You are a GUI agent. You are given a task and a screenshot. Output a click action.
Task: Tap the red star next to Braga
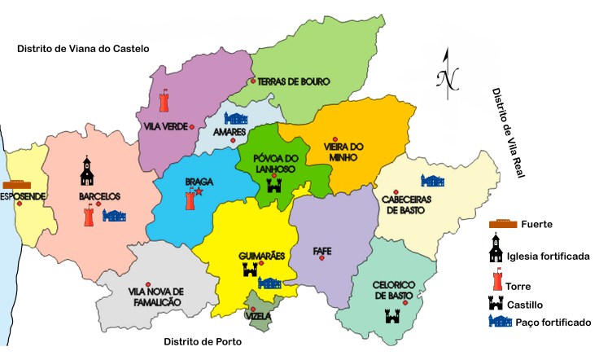pyautogui.click(x=198, y=192)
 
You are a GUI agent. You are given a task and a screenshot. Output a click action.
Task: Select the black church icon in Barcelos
pyautogui.click(x=87, y=170)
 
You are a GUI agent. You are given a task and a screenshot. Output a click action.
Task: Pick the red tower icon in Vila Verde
pyautogui.click(x=164, y=100)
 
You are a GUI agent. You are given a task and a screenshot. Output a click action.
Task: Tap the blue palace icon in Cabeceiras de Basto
pyautogui.click(x=433, y=181)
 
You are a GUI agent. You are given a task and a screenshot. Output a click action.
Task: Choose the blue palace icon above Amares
pyautogui.click(x=235, y=118)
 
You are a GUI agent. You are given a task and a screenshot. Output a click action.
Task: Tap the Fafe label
pyautogui.click(x=322, y=250)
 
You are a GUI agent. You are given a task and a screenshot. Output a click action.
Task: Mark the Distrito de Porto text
pyautogui.click(x=202, y=341)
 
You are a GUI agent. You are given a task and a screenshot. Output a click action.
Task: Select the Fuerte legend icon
pyautogui.click(x=503, y=224)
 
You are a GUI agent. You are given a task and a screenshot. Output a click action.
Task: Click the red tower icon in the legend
pyautogui.click(x=495, y=281)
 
